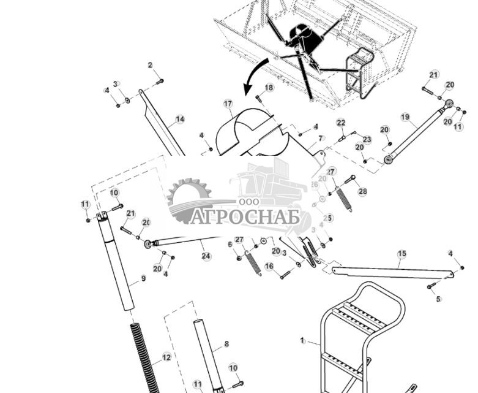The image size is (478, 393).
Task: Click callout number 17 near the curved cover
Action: [228, 104]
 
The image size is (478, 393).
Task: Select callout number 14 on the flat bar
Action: [180, 120]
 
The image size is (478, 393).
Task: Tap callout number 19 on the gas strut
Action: [405, 117]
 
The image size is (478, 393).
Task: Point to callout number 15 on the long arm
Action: [401, 254]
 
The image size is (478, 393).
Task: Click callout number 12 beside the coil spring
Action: [166, 357]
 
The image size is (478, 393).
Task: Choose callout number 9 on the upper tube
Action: [143, 278]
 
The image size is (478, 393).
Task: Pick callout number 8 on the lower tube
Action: [226, 345]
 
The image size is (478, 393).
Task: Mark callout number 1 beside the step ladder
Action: [302, 340]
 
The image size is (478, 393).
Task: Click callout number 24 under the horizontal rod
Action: [206, 256]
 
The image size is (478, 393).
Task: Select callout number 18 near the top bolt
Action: [269, 88]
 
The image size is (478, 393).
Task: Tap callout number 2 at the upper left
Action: [150, 66]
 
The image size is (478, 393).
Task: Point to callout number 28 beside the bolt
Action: [362, 192]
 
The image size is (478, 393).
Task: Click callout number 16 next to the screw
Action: [269, 266]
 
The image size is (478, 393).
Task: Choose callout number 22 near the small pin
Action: [341, 123]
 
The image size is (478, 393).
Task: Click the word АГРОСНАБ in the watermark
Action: [244, 217]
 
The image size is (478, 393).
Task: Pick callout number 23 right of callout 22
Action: [367, 140]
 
